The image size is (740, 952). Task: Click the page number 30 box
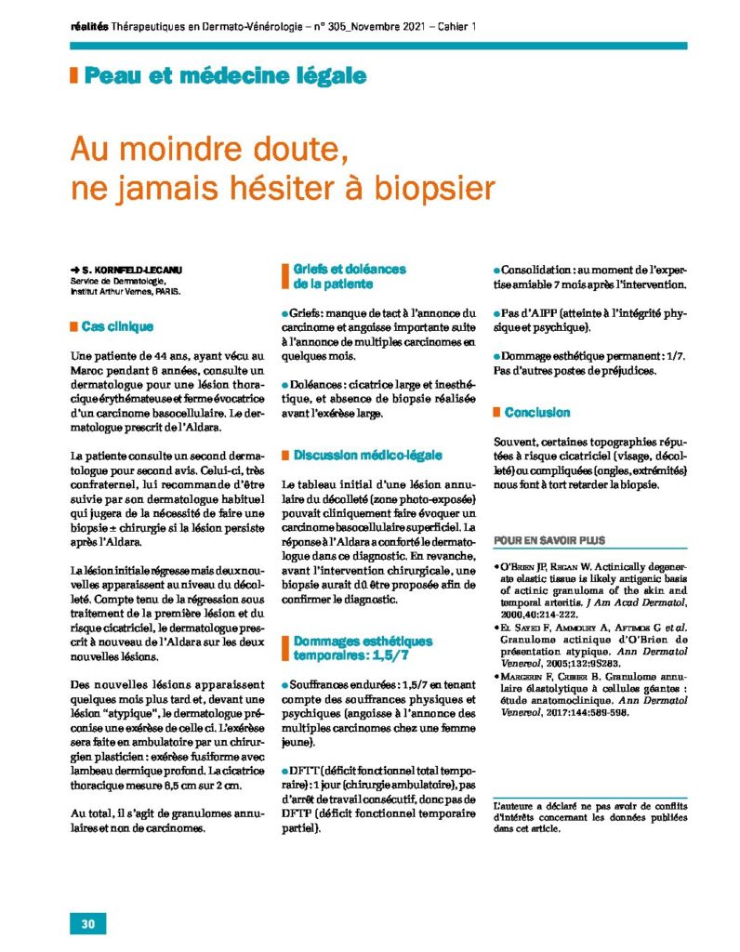click(88, 923)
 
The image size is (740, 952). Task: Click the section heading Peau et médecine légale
click(224, 76)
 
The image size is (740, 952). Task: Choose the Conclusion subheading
click(539, 412)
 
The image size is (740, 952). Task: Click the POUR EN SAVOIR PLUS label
click(548, 540)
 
